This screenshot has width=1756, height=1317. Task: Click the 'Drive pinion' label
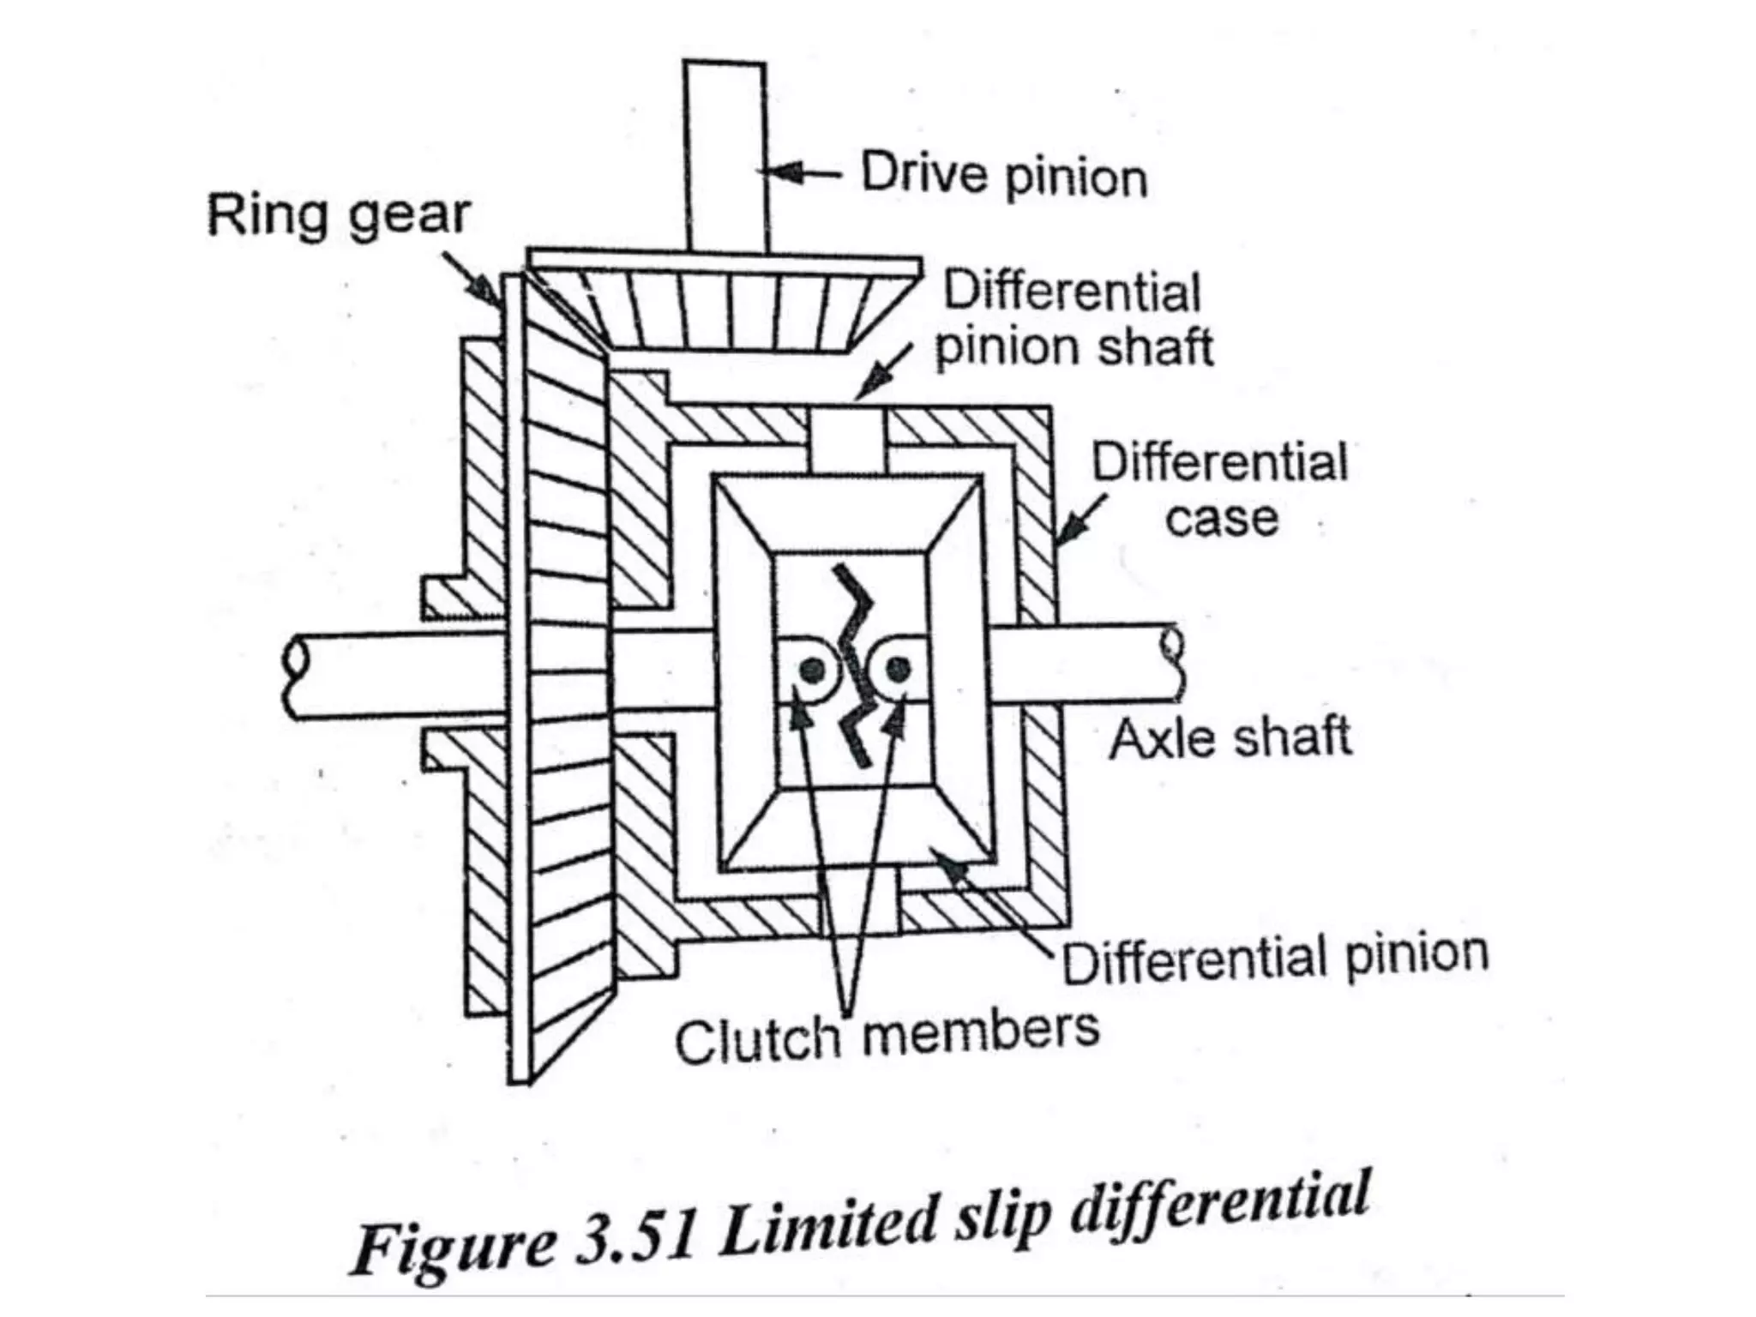[x=1003, y=176]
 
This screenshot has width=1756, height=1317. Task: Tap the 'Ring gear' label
[x=339, y=214]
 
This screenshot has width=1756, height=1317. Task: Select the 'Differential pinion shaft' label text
[x=1073, y=319]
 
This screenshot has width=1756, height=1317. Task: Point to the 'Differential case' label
[x=1220, y=490]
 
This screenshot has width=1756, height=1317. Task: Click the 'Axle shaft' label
[x=1230, y=738]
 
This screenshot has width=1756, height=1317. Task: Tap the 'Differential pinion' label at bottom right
[x=1275, y=958]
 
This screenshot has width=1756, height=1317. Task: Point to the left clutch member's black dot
[x=813, y=669]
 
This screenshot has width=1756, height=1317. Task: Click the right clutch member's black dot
[x=897, y=669]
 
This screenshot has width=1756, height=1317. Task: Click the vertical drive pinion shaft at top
[x=725, y=154]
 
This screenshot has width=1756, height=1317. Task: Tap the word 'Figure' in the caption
[x=454, y=1248]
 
